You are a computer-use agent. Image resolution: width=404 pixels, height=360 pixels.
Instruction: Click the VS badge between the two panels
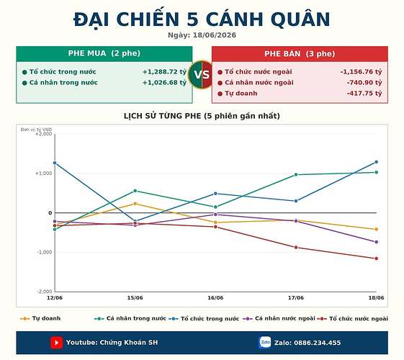(x=202, y=74)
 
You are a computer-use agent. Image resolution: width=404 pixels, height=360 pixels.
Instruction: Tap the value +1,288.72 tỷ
(x=164, y=72)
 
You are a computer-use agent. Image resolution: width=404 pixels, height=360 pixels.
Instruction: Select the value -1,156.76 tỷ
(x=361, y=72)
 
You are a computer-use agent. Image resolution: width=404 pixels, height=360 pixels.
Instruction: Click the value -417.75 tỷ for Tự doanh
(x=364, y=93)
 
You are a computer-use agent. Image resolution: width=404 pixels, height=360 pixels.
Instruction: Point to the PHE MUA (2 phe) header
(x=104, y=53)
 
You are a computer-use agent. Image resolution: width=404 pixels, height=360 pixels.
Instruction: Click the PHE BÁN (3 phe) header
(x=300, y=54)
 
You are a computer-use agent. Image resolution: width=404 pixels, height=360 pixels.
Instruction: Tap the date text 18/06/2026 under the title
(x=215, y=35)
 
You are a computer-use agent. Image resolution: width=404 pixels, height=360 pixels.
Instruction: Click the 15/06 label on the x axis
(x=135, y=298)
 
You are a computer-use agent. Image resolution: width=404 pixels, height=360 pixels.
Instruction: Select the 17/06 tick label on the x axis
(x=296, y=298)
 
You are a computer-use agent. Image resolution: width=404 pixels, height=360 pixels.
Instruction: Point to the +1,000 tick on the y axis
(x=44, y=174)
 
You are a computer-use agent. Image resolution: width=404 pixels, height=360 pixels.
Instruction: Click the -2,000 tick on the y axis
(x=45, y=292)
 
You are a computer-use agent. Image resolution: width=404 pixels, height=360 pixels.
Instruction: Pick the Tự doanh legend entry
(x=40, y=318)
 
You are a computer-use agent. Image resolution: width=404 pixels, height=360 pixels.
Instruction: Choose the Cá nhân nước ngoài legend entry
(x=279, y=318)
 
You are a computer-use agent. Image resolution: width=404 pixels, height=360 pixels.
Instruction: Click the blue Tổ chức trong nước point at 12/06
(x=55, y=163)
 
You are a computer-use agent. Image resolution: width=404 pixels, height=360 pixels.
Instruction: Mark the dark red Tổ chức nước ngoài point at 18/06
(x=377, y=258)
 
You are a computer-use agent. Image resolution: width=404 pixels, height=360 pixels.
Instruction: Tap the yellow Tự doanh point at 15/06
(x=135, y=204)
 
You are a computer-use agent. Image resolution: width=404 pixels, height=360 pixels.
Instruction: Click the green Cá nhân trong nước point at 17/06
(x=296, y=174)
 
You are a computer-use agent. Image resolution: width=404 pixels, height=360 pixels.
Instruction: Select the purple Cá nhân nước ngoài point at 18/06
(x=377, y=242)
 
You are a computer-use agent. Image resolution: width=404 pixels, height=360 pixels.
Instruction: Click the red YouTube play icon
(x=56, y=343)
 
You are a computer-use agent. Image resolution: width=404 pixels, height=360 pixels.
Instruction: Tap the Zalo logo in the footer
(x=265, y=343)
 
